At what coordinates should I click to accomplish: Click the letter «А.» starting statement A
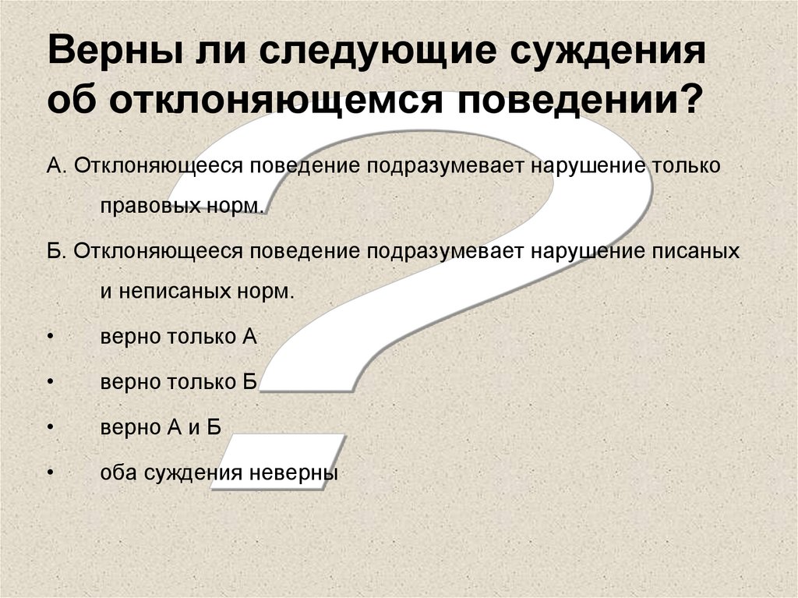[57, 168]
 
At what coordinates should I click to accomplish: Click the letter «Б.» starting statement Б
[57, 252]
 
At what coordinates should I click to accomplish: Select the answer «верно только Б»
[178, 382]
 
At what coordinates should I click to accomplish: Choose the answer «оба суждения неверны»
[219, 472]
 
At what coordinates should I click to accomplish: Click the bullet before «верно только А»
[50, 337]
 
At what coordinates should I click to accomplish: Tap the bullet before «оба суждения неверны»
[50, 473]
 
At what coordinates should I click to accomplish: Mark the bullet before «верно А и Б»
[50, 428]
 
